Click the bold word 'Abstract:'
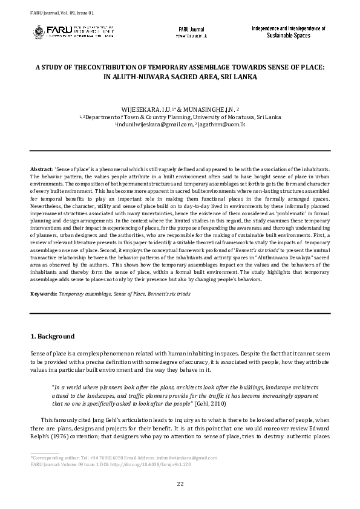[41, 167]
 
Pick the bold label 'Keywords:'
[44, 293]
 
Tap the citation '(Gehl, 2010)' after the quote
[212, 403]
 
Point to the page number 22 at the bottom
[180, 484]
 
